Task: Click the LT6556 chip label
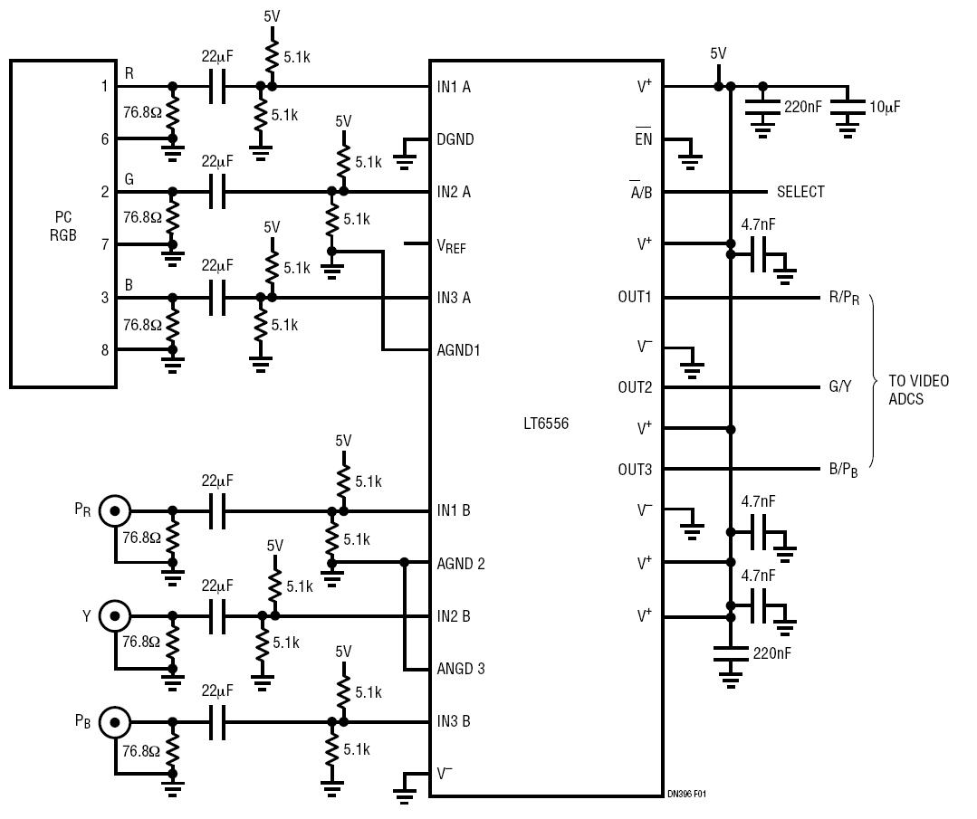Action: (546, 424)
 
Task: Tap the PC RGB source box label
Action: (63, 226)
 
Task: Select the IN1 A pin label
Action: (454, 87)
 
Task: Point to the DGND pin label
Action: (455, 138)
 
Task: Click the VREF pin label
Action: (451, 246)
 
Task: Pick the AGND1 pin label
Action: (458, 350)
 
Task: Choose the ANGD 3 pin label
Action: (461, 669)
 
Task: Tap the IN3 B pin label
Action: (454, 721)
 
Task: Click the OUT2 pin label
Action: (635, 387)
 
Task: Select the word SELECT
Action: (800, 192)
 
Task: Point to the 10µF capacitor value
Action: (885, 107)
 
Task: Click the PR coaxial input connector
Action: (115, 511)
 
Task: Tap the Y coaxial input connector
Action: (115, 616)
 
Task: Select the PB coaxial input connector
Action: (115, 722)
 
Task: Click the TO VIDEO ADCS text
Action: (918, 390)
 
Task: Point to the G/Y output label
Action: (840, 386)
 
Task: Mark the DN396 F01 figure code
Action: (686, 794)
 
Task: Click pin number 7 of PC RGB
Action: (105, 244)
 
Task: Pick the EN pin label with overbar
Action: (643, 137)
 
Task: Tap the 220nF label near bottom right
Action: (771, 653)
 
